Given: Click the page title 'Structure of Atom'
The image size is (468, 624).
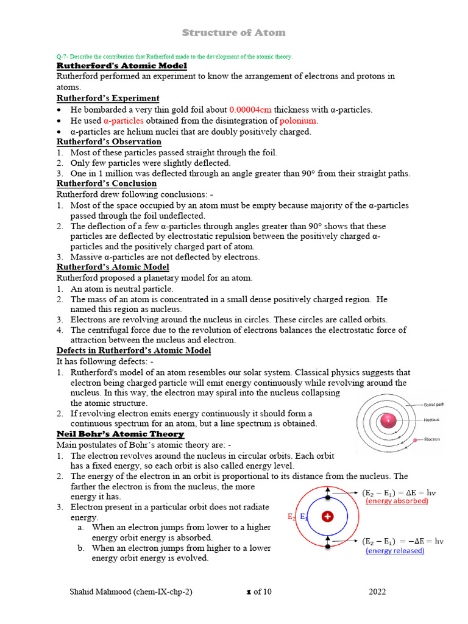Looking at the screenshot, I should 235,32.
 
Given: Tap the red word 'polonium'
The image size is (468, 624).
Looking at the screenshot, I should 299,121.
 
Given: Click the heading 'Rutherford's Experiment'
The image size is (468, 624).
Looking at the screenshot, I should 108,99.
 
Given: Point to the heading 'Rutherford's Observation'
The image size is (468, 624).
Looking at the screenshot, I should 109,142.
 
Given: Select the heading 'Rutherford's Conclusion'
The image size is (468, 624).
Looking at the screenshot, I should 107,183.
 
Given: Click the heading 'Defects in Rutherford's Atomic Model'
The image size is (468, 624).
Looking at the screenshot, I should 133,350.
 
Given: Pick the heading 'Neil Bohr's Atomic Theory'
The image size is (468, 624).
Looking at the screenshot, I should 120,434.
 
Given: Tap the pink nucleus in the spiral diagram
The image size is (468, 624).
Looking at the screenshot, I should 388,420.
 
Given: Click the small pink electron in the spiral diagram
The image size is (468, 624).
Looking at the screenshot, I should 415,439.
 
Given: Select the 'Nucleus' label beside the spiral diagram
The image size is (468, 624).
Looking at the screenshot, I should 432,420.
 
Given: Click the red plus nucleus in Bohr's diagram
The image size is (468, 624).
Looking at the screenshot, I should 328,517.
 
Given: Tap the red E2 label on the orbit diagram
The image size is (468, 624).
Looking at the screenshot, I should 291,517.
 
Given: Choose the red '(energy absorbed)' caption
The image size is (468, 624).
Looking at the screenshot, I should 397,501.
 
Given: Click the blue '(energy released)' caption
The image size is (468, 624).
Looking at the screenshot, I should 394,550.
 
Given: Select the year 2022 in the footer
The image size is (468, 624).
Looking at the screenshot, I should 377,592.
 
